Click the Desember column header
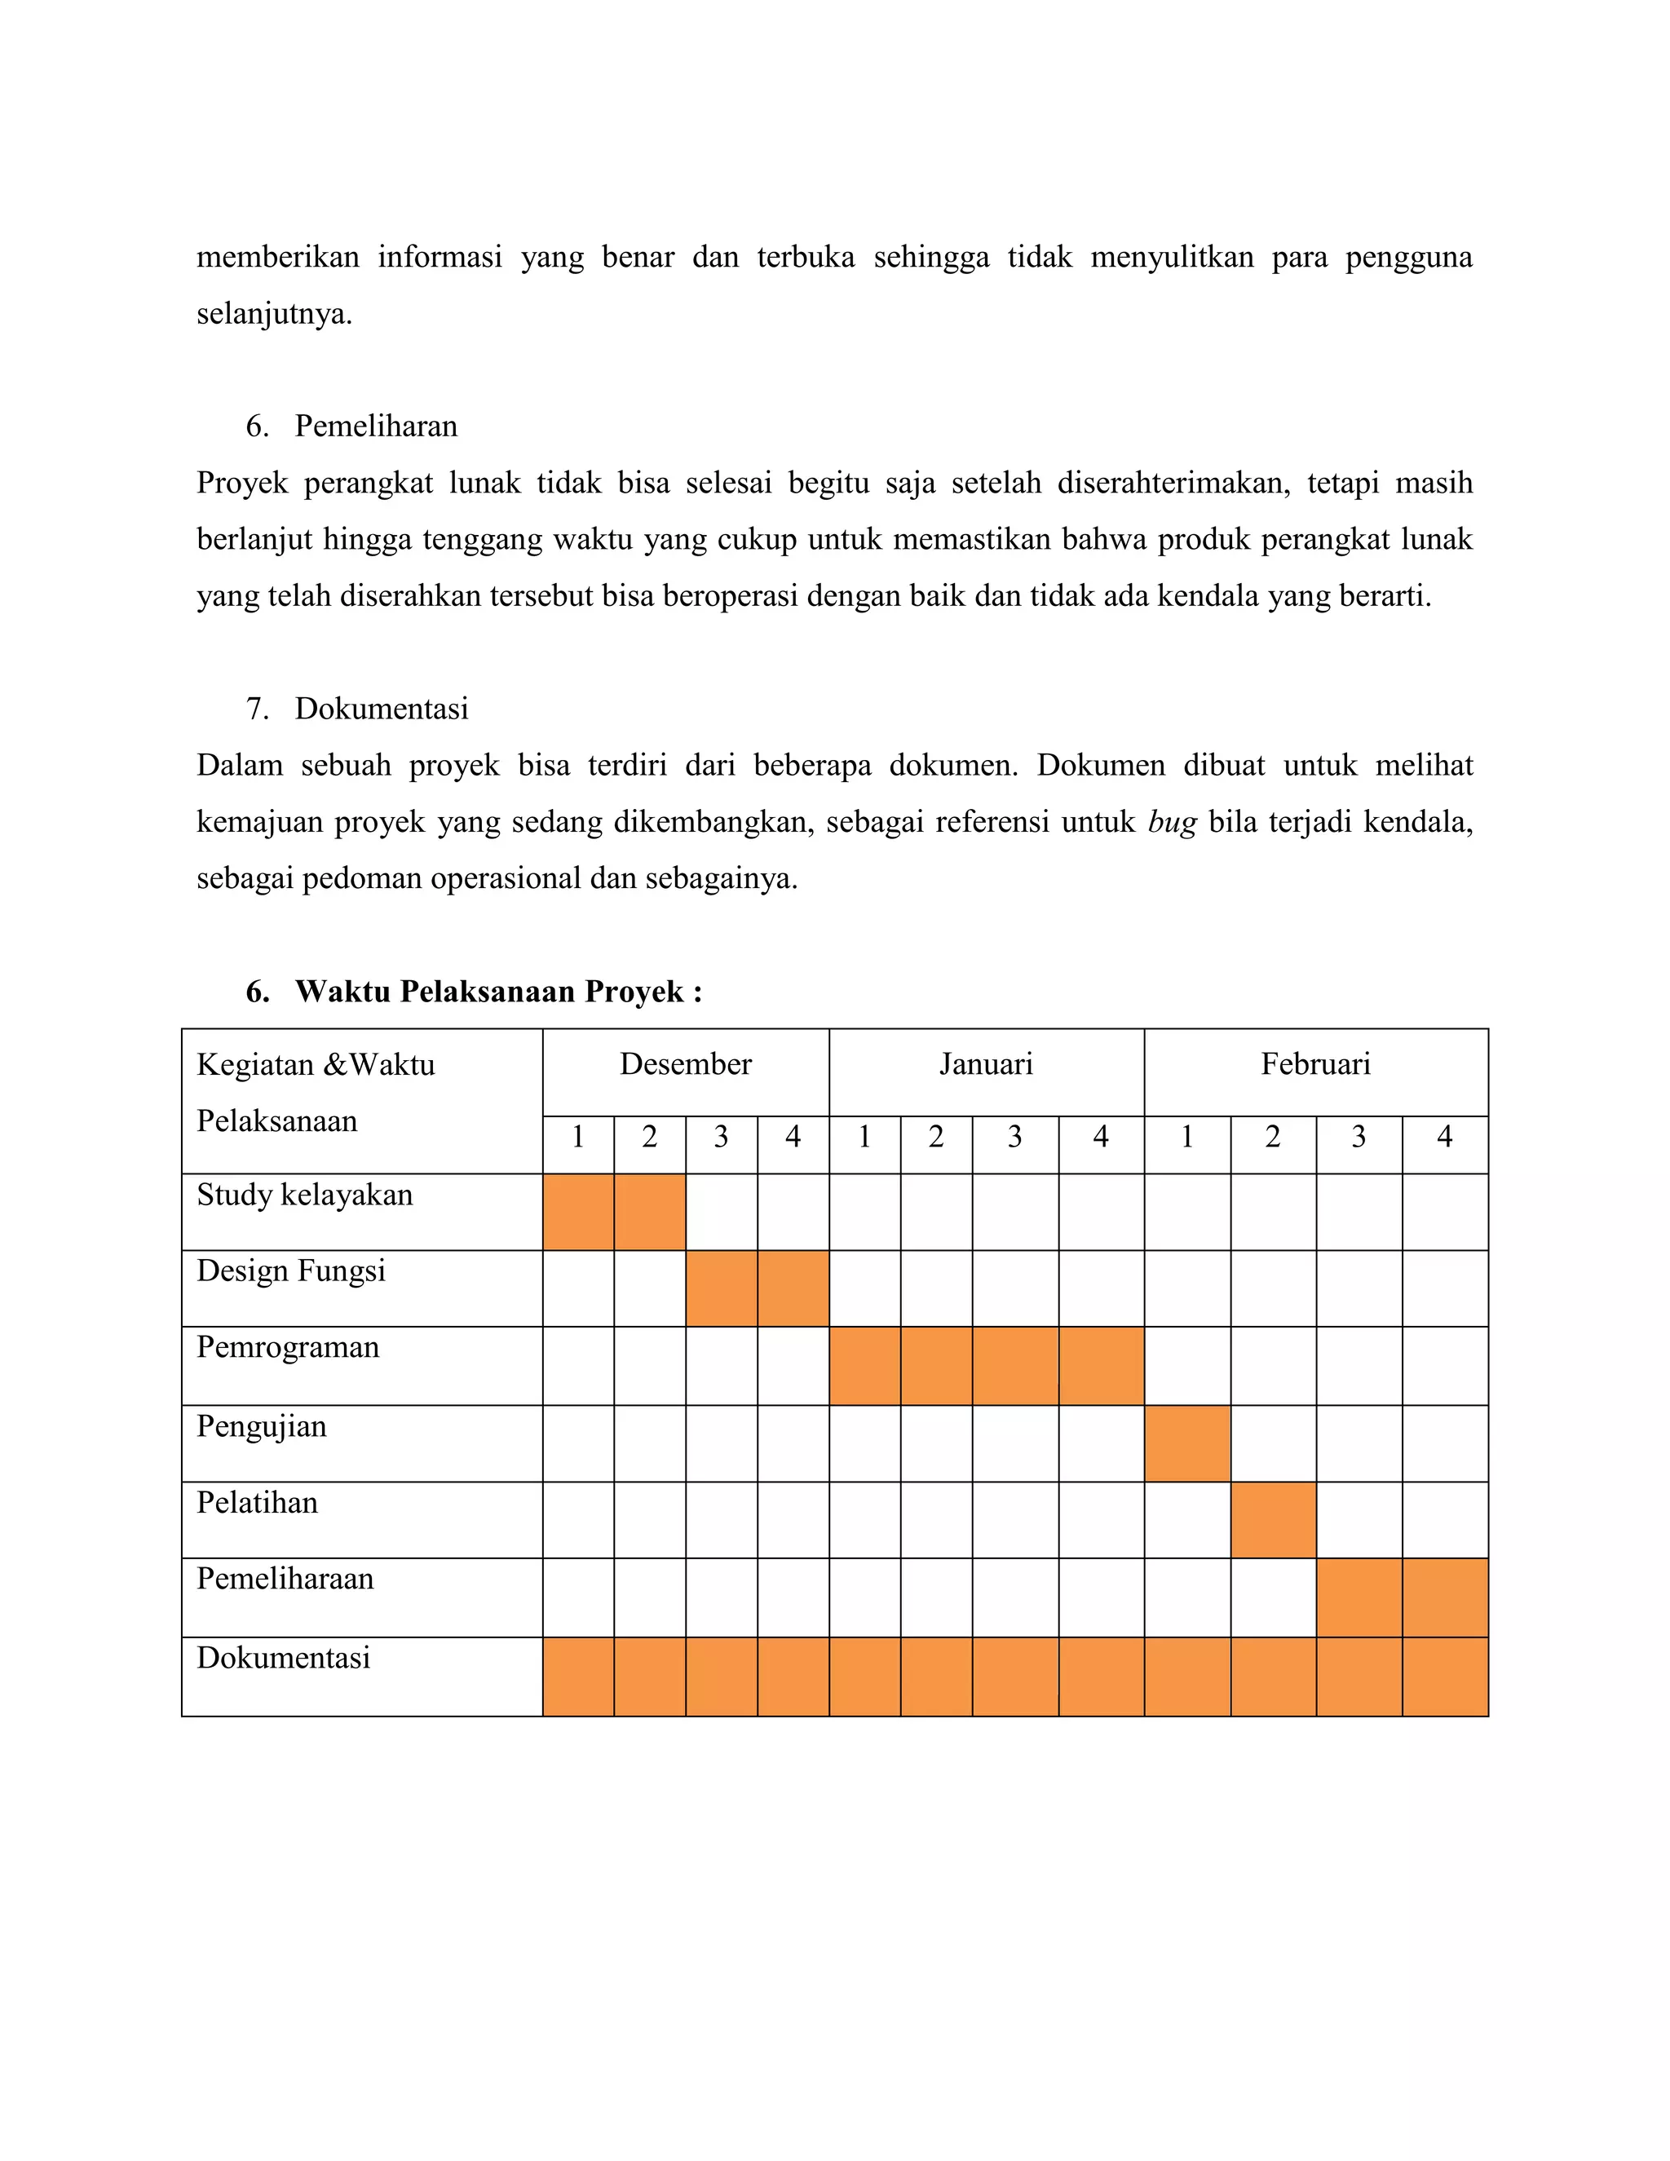(x=685, y=1065)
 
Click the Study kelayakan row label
(x=305, y=1195)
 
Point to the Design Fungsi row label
(x=291, y=1271)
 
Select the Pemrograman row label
(x=288, y=1348)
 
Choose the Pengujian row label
(x=261, y=1427)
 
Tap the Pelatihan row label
(x=257, y=1503)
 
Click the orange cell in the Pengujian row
(x=1187, y=1443)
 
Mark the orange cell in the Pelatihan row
(x=1273, y=1520)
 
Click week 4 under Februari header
(x=1444, y=1138)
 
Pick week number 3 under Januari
(x=1015, y=1138)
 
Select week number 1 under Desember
(x=578, y=1138)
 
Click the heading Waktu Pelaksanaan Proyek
(x=497, y=992)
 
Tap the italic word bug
(x=1173, y=822)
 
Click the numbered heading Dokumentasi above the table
(x=381, y=709)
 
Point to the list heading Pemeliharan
(x=376, y=426)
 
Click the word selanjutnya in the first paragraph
(x=274, y=315)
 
